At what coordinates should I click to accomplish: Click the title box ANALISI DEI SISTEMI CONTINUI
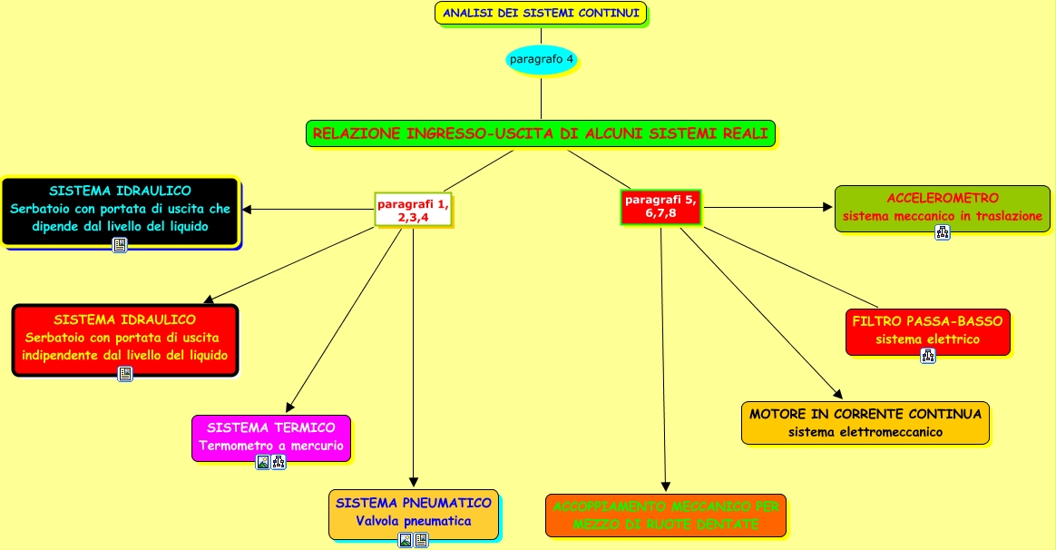tap(541, 13)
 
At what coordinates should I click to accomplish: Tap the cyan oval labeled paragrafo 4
tap(542, 60)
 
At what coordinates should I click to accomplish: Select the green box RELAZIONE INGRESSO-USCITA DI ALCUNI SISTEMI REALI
tap(541, 133)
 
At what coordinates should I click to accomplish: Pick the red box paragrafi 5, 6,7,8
tap(660, 206)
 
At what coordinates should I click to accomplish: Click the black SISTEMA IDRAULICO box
tap(120, 209)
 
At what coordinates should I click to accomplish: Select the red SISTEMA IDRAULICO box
tap(124, 338)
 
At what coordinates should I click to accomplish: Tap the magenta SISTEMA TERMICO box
tap(270, 437)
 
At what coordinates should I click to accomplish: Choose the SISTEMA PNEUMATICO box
tap(414, 513)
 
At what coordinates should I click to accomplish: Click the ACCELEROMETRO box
tap(943, 207)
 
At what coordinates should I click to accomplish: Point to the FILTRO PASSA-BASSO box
tap(927, 330)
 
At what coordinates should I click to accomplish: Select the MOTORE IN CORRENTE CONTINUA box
tap(865, 423)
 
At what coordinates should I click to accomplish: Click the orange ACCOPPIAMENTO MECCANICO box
tap(665, 516)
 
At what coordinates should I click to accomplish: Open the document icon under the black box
tap(120, 245)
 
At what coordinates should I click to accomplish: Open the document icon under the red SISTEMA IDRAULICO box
tap(125, 374)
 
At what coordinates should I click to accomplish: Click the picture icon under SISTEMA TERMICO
tap(263, 462)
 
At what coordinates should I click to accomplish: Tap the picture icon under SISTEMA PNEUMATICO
tap(406, 540)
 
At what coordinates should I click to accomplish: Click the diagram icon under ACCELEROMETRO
tap(943, 232)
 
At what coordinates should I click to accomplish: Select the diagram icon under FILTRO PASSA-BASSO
tap(927, 355)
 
